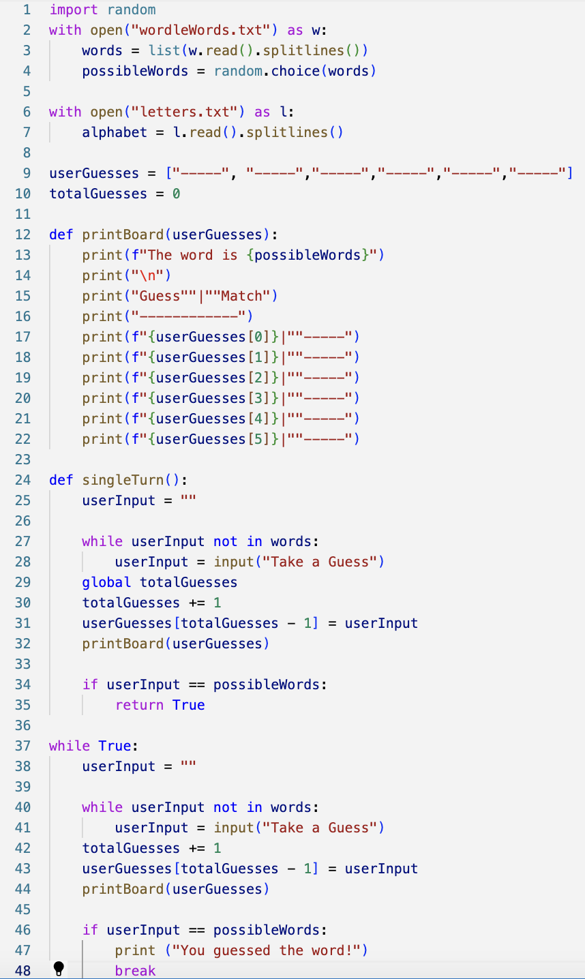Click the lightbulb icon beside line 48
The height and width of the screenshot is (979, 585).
click(x=59, y=968)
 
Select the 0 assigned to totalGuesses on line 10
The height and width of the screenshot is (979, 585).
click(x=176, y=194)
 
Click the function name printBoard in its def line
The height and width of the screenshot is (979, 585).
click(x=123, y=235)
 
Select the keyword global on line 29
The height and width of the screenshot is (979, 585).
click(x=106, y=582)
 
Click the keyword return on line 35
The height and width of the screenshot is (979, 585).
click(x=139, y=705)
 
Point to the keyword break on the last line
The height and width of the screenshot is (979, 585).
click(x=135, y=971)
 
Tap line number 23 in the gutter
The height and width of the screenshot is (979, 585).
click(x=22, y=460)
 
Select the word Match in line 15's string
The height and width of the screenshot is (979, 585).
click(x=241, y=296)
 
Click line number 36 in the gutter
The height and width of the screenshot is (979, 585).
click(x=22, y=725)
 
